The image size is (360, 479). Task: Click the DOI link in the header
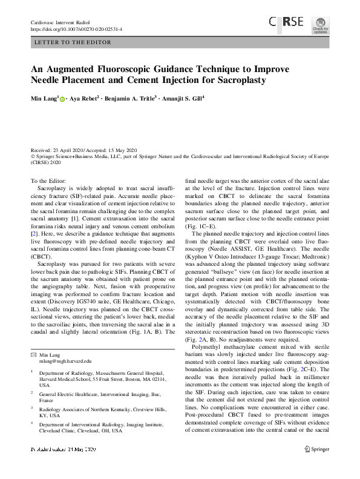point(76,28)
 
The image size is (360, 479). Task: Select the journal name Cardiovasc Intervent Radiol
point(60,22)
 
